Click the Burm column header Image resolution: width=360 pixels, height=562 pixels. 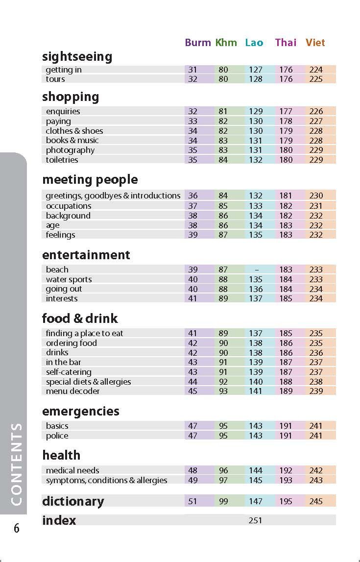[x=198, y=43]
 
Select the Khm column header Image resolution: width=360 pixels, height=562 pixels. [x=226, y=43]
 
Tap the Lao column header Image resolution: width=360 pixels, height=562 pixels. [x=254, y=43]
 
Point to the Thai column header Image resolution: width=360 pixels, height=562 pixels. [x=286, y=43]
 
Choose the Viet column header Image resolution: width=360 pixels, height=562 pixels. [x=315, y=43]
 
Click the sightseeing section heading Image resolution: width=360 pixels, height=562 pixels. [x=77, y=57]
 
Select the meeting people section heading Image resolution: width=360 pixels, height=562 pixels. [x=90, y=180]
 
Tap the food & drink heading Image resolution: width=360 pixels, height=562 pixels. [x=80, y=318]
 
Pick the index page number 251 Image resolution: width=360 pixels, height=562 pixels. [x=255, y=520]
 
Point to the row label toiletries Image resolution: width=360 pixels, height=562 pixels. [x=62, y=160]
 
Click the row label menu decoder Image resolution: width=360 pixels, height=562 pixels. [x=72, y=391]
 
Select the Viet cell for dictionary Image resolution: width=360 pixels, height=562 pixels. [x=316, y=501]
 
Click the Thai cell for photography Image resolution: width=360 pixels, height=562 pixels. [x=286, y=150]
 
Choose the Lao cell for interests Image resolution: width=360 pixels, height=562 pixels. [x=255, y=298]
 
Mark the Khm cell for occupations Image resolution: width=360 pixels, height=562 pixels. [x=223, y=206]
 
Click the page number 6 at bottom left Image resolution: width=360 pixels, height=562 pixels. [x=17, y=529]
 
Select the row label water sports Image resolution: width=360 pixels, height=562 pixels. [x=69, y=279]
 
